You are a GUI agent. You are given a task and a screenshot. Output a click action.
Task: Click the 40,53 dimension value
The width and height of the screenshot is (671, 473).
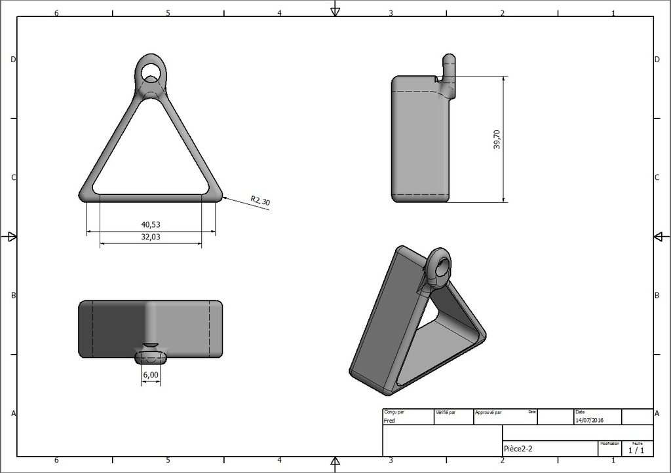click(151, 224)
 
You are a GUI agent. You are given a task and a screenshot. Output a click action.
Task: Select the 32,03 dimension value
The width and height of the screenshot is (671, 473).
click(151, 237)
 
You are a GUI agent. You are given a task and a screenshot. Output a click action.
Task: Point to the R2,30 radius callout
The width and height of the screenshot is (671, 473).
click(260, 201)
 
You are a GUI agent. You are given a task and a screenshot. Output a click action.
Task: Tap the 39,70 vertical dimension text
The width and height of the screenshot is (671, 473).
click(497, 139)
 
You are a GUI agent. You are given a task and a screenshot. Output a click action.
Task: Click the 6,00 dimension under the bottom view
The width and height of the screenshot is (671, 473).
click(150, 374)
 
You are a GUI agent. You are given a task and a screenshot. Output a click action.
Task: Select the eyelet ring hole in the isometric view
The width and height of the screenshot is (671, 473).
click(441, 267)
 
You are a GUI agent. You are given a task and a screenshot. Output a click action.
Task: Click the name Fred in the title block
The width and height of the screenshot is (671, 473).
click(389, 421)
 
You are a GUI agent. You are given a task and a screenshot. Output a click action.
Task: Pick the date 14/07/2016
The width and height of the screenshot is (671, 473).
click(589, 421)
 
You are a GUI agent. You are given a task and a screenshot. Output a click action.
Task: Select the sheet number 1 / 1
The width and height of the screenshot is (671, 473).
click(636, 450)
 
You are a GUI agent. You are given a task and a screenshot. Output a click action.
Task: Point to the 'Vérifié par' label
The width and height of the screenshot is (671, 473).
click(445, 413)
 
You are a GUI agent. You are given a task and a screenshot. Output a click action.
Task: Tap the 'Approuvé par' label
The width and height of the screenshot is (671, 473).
click(488, 413)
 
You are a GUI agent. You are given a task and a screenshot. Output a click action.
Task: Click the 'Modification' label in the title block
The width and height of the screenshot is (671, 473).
click(609, 444)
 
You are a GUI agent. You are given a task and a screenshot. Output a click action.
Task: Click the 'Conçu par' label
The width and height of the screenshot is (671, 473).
click(394, 412)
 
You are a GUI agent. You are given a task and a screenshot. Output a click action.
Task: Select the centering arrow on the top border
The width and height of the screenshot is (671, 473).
click(335, 10)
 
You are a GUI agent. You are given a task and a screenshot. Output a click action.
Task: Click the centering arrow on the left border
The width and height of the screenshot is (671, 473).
click(10, 237)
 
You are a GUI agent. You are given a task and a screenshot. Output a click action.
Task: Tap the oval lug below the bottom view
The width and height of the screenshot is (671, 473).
click(151, 357)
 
